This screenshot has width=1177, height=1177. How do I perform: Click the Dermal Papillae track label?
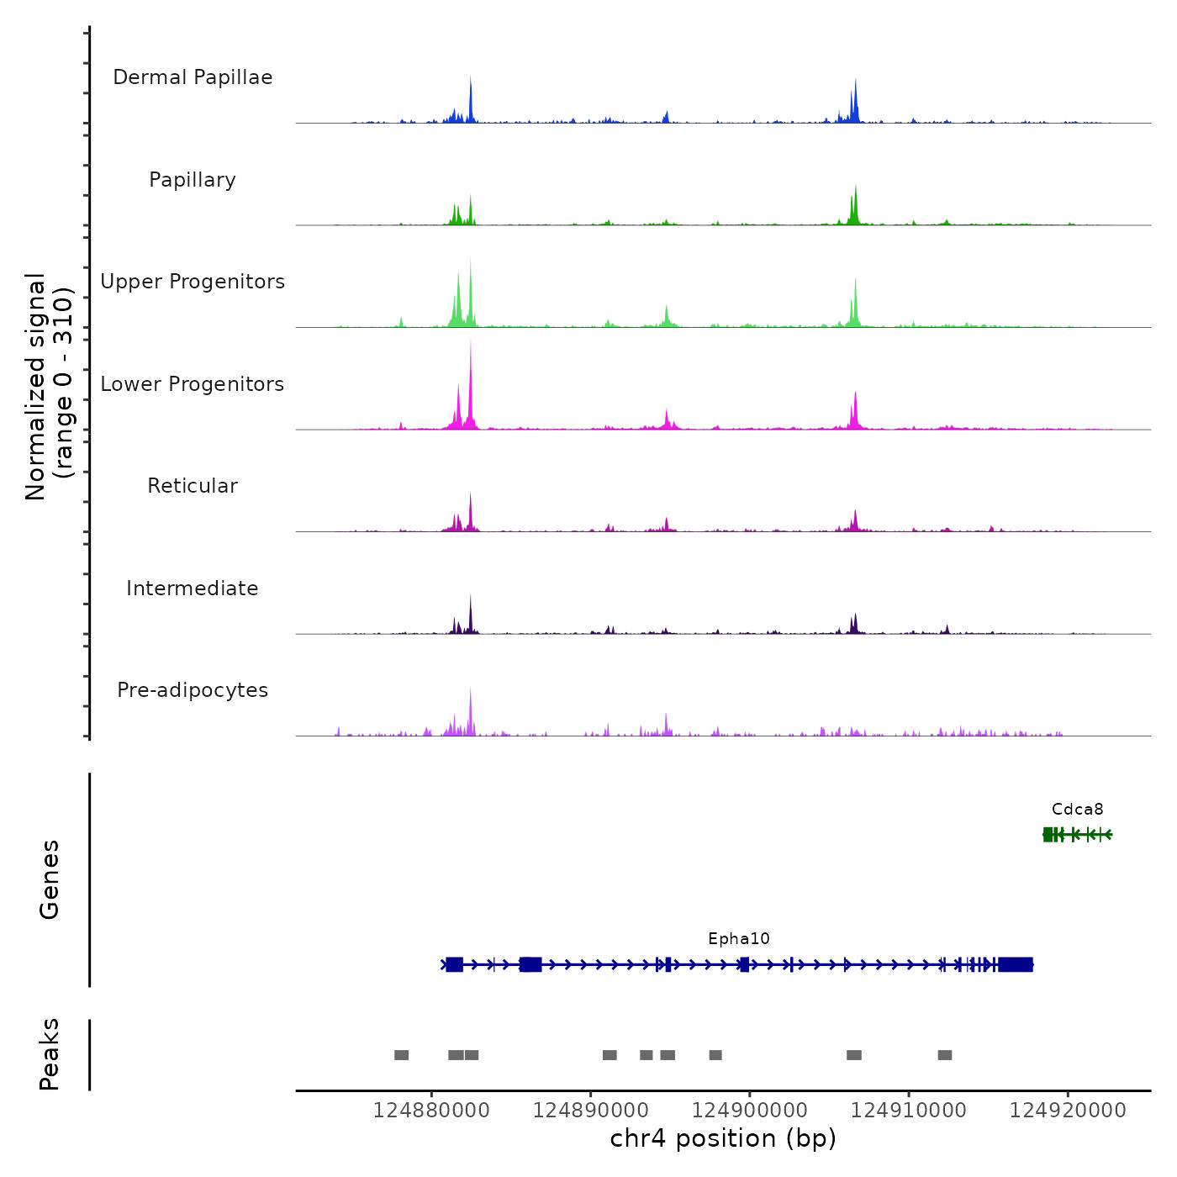193,77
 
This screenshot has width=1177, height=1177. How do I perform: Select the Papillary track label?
193,180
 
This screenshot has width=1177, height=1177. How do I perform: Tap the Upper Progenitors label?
193,282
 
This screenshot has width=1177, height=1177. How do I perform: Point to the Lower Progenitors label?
193,384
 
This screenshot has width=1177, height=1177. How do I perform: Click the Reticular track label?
193,486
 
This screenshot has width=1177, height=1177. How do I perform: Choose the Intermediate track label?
193,588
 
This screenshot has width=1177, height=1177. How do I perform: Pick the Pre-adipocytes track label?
193,690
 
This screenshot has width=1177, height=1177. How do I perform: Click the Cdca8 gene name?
1077,810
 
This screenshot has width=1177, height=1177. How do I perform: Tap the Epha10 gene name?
738,939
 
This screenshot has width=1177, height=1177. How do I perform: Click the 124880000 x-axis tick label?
431,1111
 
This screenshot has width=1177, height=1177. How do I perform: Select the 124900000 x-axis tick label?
750,1111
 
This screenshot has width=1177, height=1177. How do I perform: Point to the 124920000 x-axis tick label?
1068,1111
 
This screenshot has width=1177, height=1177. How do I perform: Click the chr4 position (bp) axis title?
723,1139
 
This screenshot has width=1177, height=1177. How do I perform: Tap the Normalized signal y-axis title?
49,387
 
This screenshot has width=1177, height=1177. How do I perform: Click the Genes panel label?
50,879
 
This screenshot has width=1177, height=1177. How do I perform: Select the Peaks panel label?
50,1054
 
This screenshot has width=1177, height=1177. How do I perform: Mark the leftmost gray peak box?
401,1055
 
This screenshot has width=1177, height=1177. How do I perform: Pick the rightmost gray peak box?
945,1055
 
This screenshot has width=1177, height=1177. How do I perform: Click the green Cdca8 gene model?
1077,834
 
